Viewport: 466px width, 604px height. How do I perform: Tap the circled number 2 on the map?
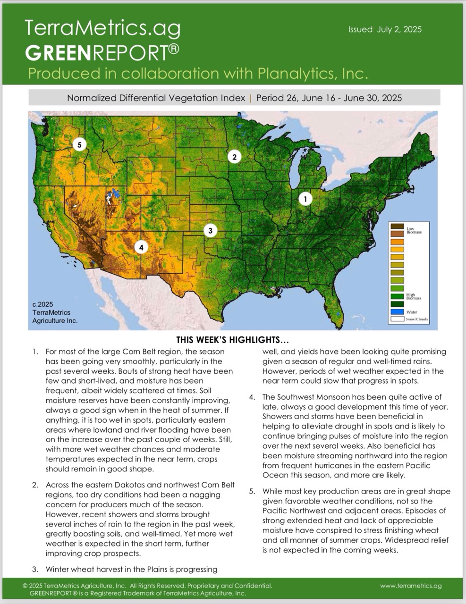pyautogui.click(x=234, y=157)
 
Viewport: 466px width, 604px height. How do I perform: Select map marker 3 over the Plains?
pyautogui.click(x=210, y=231)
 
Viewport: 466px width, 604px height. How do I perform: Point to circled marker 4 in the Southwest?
pyautogui.click(x=141, y=247)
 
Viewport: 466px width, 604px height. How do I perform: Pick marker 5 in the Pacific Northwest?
pyautogui.click(x=80, y=145)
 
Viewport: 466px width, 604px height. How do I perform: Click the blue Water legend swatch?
pyautogui.click(x=397, y=312)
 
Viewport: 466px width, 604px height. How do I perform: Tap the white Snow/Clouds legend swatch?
pyautogui.click(x=397, y=319)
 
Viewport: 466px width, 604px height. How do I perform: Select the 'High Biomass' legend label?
pyautogui.click(x=414, y=296)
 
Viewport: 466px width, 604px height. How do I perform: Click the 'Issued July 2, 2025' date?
pyautogui.click(x=385, y=29)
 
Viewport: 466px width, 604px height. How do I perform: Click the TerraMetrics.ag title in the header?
pyautogui.click(x=102, y=29)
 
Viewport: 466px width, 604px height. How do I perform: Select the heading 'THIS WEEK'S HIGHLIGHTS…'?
pyautogui.click(x=232, y=340)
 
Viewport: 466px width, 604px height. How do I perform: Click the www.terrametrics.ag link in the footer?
pyautogui.click(x=411, y=586)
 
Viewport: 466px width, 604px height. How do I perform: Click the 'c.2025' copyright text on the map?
pyautogui.click(x=43, y=304)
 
